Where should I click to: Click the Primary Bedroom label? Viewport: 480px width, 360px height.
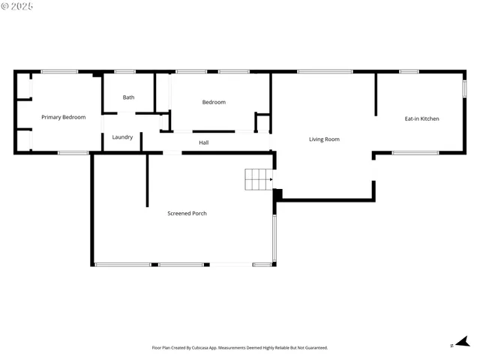[x=63, y=117]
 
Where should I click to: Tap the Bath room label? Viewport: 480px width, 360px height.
[x=129, y=97]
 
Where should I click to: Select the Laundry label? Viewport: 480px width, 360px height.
[x=122, y=137]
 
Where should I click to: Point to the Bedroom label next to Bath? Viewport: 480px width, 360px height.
[x=214, y=102]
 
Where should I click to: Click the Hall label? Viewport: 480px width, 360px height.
[x=204, y=142]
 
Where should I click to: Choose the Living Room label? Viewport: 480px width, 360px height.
[x=324, y=139]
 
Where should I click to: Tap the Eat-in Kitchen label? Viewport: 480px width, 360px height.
[x=421, y=118]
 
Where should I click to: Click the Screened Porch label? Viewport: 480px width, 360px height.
[x=187, y=213]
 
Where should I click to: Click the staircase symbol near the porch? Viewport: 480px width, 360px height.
[x=258, y=179]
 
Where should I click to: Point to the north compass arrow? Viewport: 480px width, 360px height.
[x=462, y=342]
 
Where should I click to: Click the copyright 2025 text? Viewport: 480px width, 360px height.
[x=17, y=6]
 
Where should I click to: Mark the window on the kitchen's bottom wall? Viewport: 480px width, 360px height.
[x=415, y=153]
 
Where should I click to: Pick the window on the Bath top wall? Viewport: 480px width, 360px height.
[x=125, y=71]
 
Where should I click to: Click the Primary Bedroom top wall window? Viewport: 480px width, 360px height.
[x=59, y=71]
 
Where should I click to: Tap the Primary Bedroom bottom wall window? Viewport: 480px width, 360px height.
[x=73, y=153]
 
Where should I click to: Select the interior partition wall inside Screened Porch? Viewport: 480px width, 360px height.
[x=147, y=180]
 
